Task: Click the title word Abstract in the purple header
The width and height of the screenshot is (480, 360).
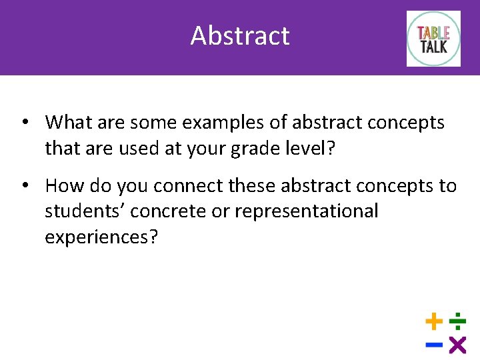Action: (240, 35)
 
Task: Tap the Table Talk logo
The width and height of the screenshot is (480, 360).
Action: (433, 39)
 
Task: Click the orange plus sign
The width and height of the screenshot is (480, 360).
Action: (434, 323)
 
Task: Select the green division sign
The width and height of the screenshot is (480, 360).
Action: (457, 323)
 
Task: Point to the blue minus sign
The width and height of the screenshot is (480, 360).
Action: (434, 345)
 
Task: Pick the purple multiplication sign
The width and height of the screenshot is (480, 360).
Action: (457, 345)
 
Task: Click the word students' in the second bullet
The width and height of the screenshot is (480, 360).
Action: (85, 211)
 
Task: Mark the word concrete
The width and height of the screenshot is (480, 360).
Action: (169, 211)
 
